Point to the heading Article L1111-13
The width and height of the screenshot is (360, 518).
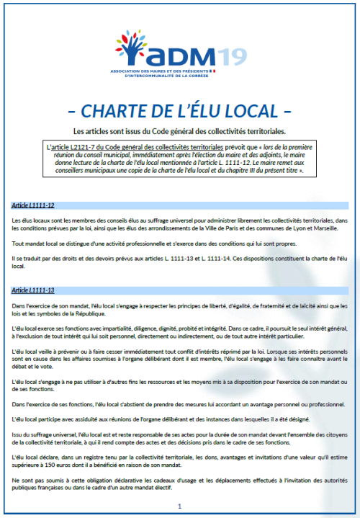point(35,290)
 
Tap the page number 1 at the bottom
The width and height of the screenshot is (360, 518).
point(179,506)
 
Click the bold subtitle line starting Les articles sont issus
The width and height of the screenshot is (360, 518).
point(180,131)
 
